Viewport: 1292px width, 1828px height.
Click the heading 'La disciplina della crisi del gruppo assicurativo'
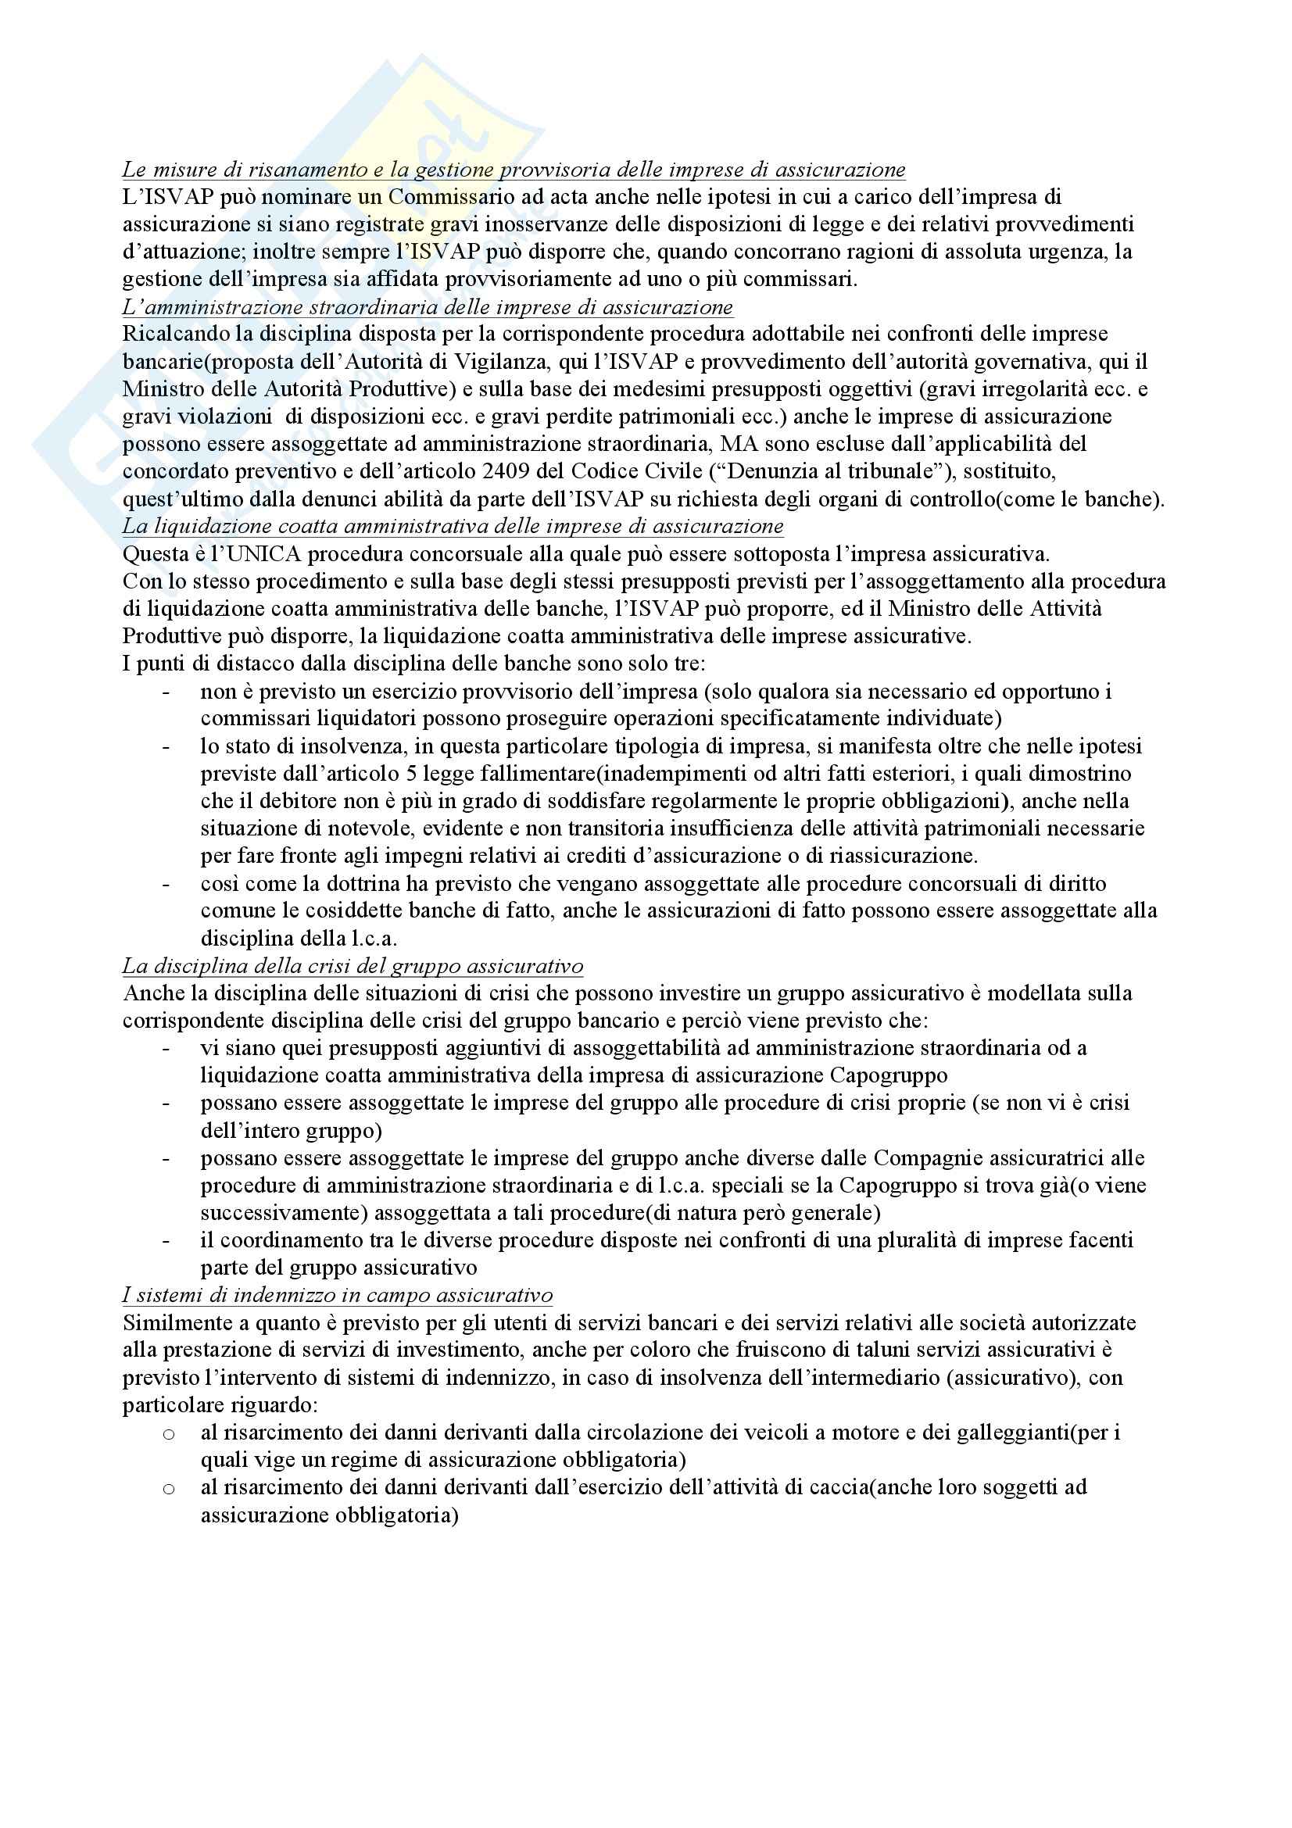(353, 967)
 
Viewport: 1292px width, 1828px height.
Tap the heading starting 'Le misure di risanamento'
(514, 170)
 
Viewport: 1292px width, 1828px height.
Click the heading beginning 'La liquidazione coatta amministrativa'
(452, 526)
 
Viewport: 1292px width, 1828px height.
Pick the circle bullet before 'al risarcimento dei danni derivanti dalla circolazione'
(168, 1434)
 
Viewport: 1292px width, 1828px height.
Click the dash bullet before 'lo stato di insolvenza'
(166, 747)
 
